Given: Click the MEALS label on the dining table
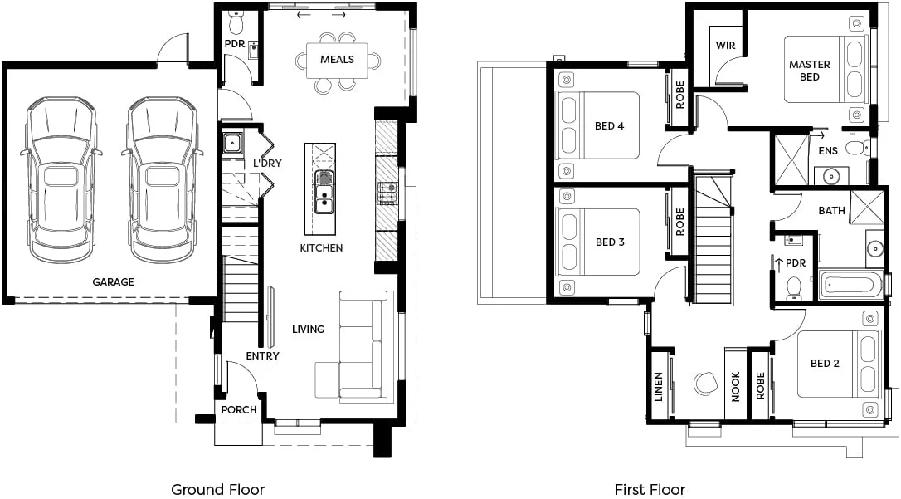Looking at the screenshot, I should [337, 60].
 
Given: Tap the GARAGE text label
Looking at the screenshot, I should [113, 282].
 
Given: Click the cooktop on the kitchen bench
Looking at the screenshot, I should [387, 193].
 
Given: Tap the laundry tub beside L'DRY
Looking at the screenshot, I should [231, 144].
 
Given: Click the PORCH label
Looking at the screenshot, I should [239, 409].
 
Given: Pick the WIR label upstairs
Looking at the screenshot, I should [725, 45].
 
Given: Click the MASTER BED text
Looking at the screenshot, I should [810, 71].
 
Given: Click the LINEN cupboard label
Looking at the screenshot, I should [659, 387].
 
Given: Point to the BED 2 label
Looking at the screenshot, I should [826, 364].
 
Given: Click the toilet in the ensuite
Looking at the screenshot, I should [852, 149].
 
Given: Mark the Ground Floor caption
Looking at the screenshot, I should [217, 489].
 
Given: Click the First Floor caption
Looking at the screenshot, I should [650, 489].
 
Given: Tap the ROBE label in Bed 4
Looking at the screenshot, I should [679, 95].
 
